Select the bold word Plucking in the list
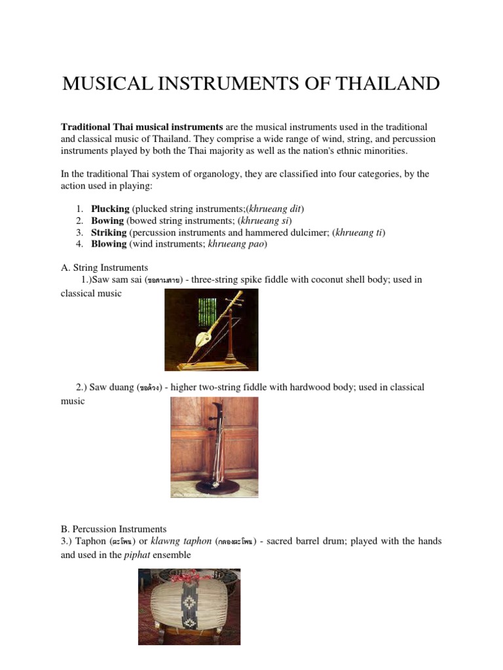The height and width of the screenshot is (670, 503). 110,209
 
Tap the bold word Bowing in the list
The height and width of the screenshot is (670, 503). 107,220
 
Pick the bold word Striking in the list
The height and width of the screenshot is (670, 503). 109,232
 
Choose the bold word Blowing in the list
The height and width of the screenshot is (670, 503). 109,244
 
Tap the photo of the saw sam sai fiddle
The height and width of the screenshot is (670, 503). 211,330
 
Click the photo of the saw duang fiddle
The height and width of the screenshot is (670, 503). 214,448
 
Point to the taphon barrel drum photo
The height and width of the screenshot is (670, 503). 189,607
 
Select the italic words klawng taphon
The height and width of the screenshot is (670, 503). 193,541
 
